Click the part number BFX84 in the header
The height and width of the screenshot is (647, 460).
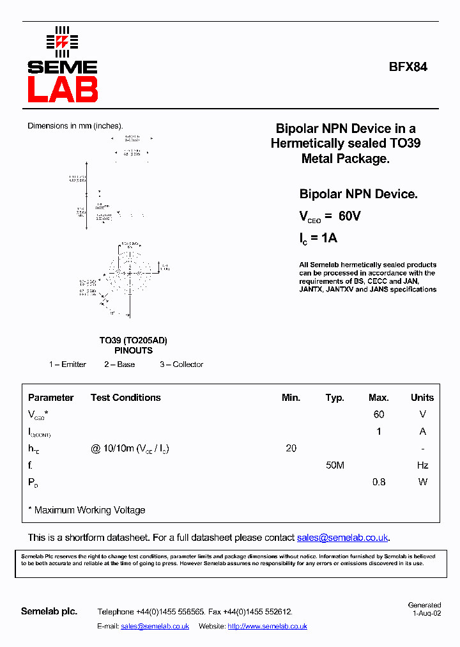pyautogui.click(x=408, y=66)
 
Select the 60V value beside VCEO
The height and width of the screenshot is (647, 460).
pyautogui.click(x=349, y=217)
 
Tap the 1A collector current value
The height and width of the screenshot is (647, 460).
pyautogui.click(x=328, y=238)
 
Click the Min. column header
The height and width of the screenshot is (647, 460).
pyautogui.click(x=291, y=398)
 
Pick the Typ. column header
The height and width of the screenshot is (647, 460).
pyautogui.click(x=335, y=398)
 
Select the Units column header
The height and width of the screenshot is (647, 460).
pyautogui.click(x=422, y=398)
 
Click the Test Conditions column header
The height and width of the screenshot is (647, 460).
pyautogui.click(x=126, y=398)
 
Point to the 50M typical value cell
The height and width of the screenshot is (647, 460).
pyautogui.click(x=335, y=465)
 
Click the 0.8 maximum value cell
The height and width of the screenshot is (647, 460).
pyautogui.click(x=379, y=482)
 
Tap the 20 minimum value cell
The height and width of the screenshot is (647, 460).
pyautogui.click(x=291, y=449)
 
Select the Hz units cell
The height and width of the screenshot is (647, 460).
pyautogui.click(x=422, y=465)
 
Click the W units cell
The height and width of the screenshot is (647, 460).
pyautogui.click(x=422, y=482)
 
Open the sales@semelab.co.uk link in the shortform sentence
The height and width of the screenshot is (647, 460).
pyautogui.click(x=342, y=538)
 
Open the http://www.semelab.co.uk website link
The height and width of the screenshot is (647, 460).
pyautogui.click(x=267, y=627)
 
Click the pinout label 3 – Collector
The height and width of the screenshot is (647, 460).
pyautogui.click(x=181, y=364)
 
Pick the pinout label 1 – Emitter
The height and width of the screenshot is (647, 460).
pyautogui.click(x=68, y=364)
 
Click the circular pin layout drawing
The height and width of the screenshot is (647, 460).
pyautogui.click(x=130, y=273)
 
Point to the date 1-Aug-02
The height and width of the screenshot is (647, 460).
pyautogui.click(x=426, y=613)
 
